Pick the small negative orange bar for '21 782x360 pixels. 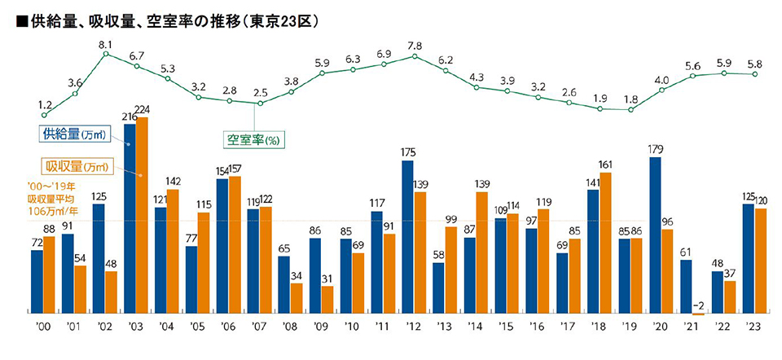click(698, 314)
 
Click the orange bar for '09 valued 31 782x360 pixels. click(327, 299)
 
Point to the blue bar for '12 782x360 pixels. click(407, 236)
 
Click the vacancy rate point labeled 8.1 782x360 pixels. click(106, 54)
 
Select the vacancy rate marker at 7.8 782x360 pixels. click(415, 56)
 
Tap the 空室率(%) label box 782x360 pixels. click(253, 139)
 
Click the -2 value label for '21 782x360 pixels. click(699, 305)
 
